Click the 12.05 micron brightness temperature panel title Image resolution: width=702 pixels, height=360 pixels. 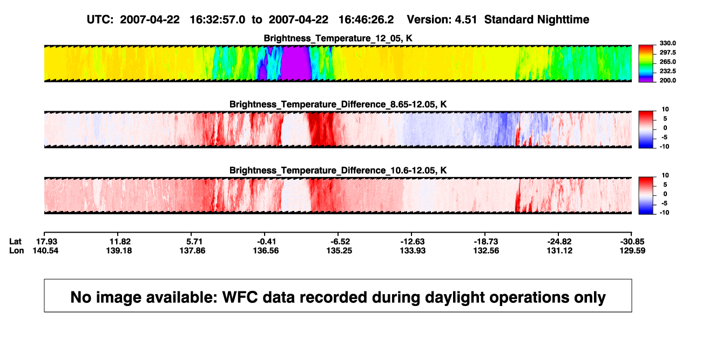tap(338, 38)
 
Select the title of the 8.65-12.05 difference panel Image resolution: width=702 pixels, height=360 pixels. tap(338, 104)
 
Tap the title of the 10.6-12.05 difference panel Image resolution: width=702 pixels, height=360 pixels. tap(338, 171)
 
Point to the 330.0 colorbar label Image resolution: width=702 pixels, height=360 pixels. tap(667, 43)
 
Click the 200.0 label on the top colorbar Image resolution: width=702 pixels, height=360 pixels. tap(667, 80)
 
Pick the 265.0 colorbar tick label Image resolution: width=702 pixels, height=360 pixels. tap(667, 62)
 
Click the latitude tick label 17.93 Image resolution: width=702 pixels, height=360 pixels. tap(47, 242)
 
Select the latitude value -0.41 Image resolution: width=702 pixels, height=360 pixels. tap(266, 242)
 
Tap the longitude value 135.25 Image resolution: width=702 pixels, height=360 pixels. tap(339, 250)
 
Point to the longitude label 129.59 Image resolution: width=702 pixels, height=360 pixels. tap(632, 250)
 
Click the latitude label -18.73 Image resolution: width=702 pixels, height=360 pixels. tap(486, 242)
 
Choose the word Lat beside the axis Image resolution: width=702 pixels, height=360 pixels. tap(15, 242)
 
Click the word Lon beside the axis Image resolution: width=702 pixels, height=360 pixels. tap(16, 250)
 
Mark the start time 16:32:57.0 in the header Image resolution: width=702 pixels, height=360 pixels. tap(218, 20)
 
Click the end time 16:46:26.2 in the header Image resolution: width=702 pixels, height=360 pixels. tap(366, 20)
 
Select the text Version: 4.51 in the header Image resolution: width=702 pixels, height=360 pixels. tap(442, 20)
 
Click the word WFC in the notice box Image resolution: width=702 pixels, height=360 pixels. tap(240, 297)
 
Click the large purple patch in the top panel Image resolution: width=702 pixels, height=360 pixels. tap(295, 64)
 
